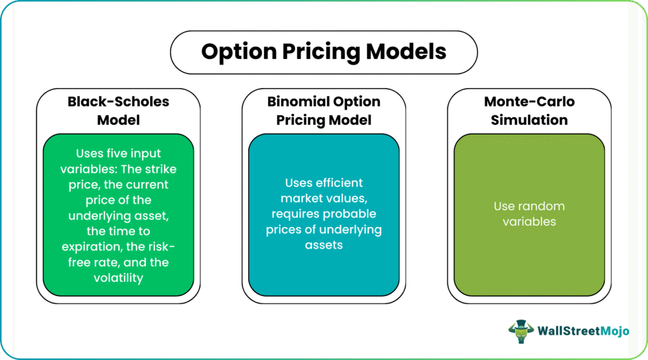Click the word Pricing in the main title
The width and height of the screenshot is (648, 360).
coord(321,53)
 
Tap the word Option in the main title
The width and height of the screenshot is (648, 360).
coord(239,53)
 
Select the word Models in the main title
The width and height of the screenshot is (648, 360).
coord(406,51)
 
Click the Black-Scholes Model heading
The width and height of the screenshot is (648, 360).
coord(118,111)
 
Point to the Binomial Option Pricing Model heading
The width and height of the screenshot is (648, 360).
coord(324,111)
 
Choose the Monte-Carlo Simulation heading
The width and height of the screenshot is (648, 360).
coord(530,111)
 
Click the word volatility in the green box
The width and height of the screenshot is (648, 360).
coord(118,278)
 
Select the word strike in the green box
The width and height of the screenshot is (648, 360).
coord(161,169)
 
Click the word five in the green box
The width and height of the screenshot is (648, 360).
coord(116,153)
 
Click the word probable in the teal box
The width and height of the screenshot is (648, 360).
coord(350,214)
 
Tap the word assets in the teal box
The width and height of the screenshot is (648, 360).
coord(324,245)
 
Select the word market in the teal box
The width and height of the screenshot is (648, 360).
coord(300,199)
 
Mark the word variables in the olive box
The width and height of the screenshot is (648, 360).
coord(530,221)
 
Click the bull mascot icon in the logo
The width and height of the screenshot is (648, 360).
coord(521,331)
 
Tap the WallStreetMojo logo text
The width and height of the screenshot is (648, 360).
coord(583,331)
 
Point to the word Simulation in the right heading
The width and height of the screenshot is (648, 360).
coord(530,120)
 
